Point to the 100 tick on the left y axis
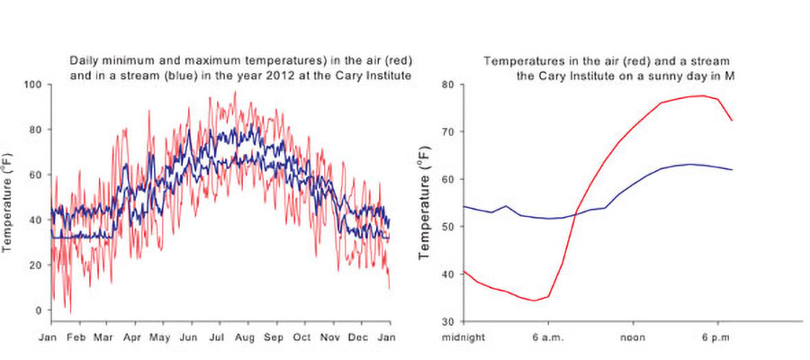(x=33, y=85)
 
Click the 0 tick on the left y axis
(x=37, y=310)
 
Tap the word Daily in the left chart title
(x=84, y=60)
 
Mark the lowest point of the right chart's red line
(x=535, y=301)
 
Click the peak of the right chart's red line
(x=701, y=95)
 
